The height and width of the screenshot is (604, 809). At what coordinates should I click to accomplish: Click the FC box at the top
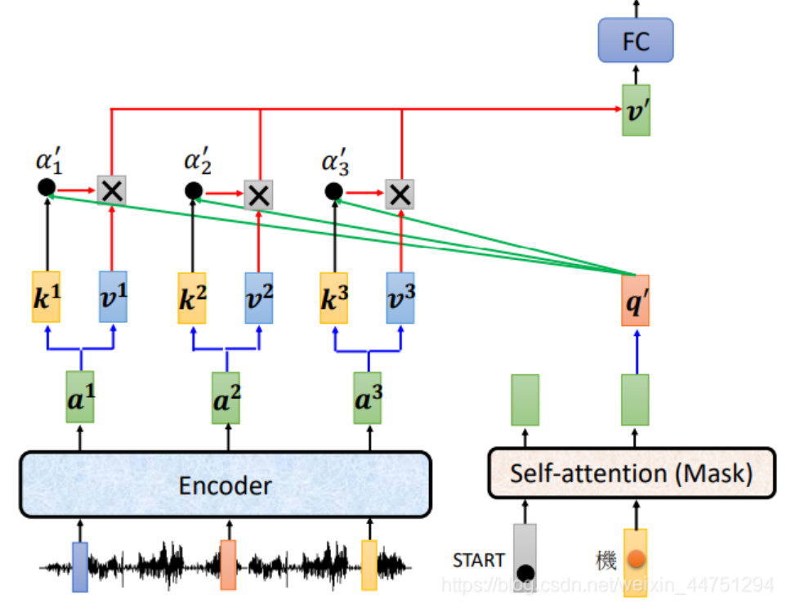[635, 41]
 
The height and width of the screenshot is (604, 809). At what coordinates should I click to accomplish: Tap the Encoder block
[225, 485]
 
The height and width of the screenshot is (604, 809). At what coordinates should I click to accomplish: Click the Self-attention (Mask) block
[631, 472]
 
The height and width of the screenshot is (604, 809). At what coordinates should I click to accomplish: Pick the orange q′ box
[635, 300]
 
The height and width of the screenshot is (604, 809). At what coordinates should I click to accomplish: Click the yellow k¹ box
[47, 297]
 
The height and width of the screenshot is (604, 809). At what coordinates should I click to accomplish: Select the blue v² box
[260, 297]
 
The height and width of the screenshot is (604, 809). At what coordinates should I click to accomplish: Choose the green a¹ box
[80, 397]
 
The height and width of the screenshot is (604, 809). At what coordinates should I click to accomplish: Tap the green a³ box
[368, 397]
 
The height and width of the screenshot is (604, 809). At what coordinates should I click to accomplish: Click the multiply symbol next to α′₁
[111, 190]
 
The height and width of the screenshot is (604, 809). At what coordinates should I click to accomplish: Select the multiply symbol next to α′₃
[400, 193]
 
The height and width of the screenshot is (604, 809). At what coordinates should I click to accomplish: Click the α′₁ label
[49, 161]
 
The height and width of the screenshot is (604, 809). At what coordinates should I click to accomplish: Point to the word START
[478, 560]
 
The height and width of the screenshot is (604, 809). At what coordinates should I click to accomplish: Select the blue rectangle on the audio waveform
[80, 566]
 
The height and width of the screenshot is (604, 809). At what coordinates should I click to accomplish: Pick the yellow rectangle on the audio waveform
[369, 565]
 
